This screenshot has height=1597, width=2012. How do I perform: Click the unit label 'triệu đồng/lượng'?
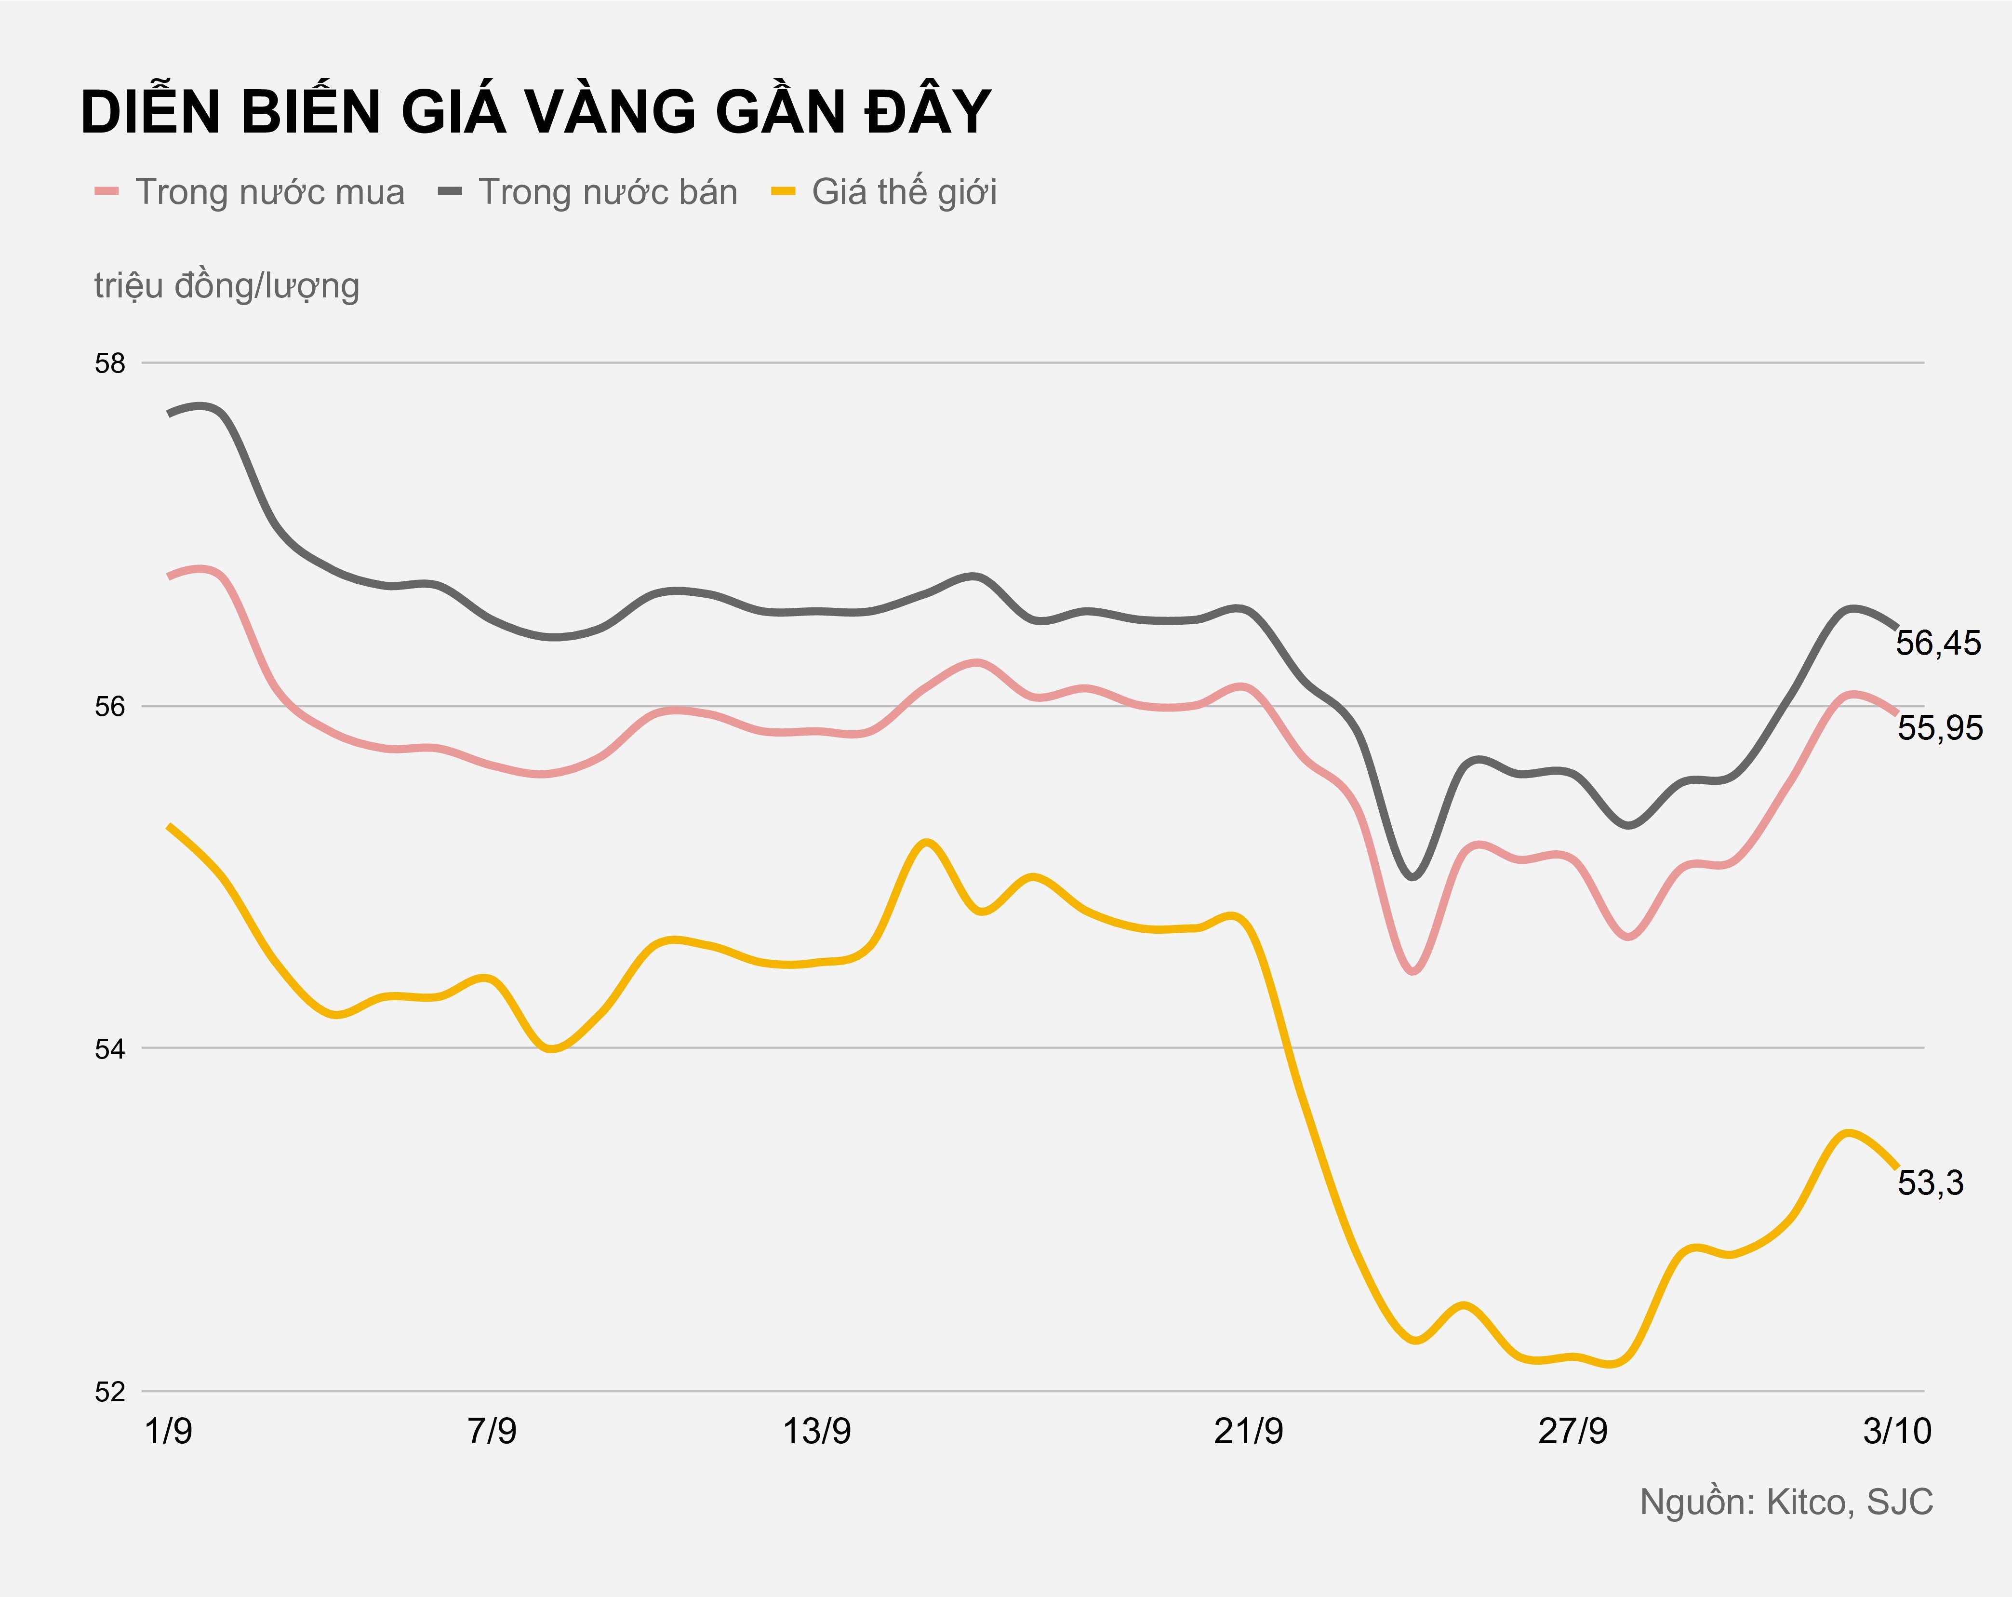(227, 286)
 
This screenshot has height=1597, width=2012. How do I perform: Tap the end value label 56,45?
(1938, 643)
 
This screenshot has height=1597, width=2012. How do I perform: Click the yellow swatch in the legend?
(782, 192)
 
